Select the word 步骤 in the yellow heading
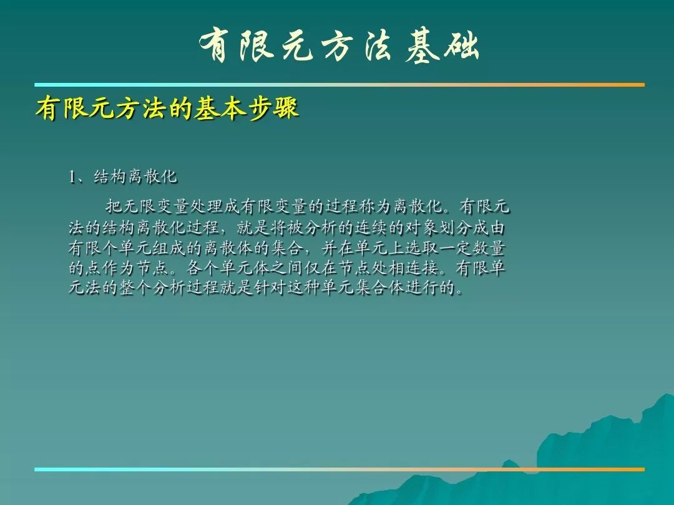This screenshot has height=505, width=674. (x=273, y=107)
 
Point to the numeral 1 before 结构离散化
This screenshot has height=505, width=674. (x=72, y=176)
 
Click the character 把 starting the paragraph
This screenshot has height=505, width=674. (x=114, y=206)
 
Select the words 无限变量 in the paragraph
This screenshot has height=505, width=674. (x=156, y=206)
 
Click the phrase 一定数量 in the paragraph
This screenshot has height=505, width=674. (x=472, y=248)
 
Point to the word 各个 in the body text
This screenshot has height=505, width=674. (x=203, y=268)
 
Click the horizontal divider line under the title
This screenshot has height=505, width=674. (x=339, y=85)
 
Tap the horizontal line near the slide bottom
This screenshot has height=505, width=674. (x=339, y=469)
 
